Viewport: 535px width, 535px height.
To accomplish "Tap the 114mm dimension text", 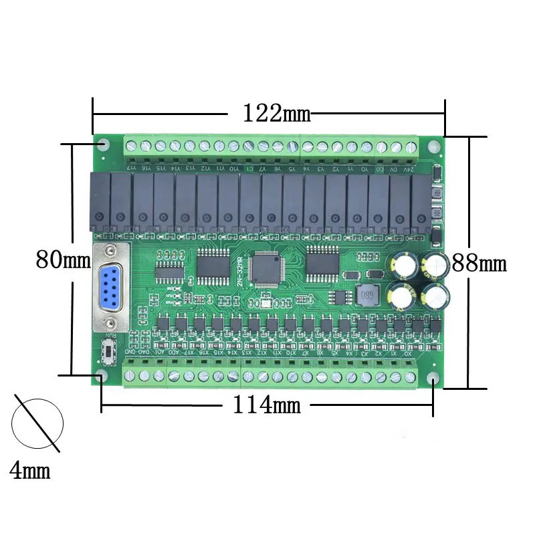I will pos(267,404).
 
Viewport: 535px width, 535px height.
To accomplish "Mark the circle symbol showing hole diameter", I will pos(37,423).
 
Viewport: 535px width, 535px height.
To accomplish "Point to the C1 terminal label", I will pos(249,169).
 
